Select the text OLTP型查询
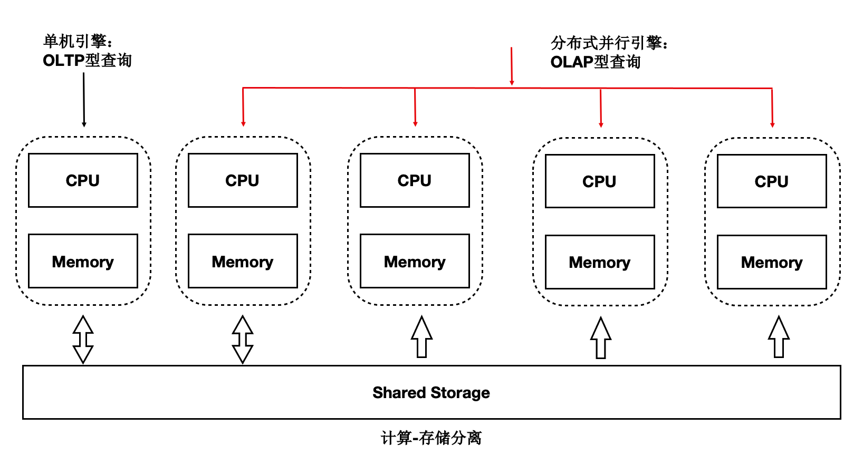[x=87, y=61]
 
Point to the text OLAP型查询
[x=595, y=62]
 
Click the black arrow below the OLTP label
[x=84, y=100]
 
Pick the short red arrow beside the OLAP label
[x=512, y=66]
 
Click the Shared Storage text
[x=431, y=393]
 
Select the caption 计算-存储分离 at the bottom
[x=431, y=438]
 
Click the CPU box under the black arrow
[x=83, y=180]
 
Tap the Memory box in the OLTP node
[x=83, y=262]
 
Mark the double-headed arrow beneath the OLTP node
[x=83, y=339]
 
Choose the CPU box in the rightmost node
[x=771, y=181]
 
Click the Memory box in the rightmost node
[x=771, y=262]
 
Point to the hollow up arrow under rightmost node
[x=779, y=337]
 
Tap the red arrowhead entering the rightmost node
[x=772, y=124]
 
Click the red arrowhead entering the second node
[x=243, y=124]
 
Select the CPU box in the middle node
[x=414, y=180]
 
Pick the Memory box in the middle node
[x=414, y=262]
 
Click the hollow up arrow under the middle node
[x=421, y=337]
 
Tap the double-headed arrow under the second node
[x=243, y=339]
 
